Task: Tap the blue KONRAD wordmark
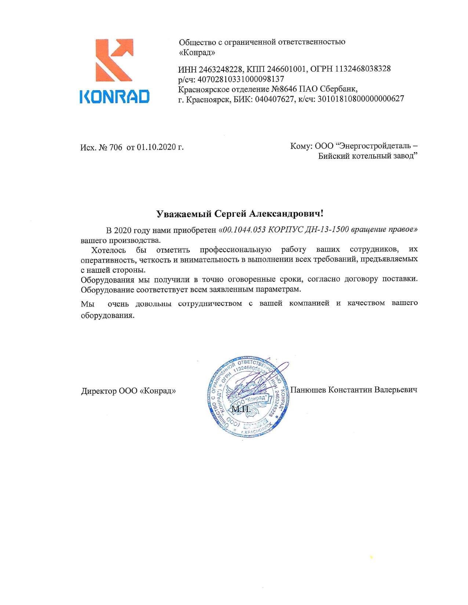[x=115, y=96]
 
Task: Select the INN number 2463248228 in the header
[x=220, y=69]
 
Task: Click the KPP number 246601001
[x=286, y=69]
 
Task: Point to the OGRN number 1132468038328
[x=363, y=69]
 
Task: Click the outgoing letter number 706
[x=116, y=147]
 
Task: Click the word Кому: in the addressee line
[x=301, y=146]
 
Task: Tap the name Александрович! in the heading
[x=286, y=214]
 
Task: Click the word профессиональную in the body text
[x=235, y=250]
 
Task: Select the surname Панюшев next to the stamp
[x=308, y=389]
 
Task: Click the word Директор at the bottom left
[x=98, y=391]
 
